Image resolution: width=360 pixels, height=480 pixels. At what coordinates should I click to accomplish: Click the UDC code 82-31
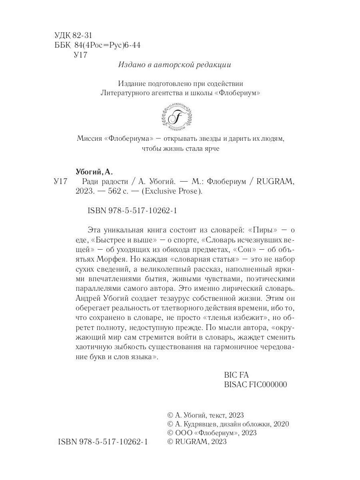click(83, 35)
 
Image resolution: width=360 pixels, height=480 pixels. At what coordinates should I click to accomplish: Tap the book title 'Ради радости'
click(98, 182)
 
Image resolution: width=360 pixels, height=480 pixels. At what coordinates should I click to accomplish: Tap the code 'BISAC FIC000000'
click(256, 384)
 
